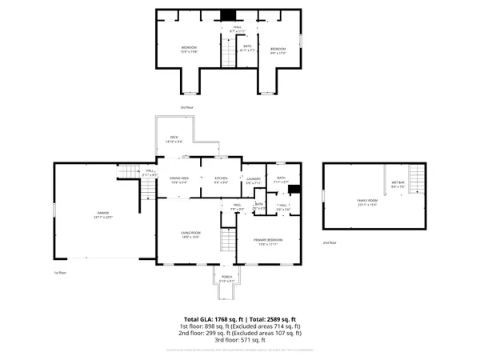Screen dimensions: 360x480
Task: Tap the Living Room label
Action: point(189,234)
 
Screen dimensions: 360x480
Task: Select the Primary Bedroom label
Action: point(270,242)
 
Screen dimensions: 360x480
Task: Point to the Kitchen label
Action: point(221,180)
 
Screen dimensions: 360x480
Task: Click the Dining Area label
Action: point(178,180)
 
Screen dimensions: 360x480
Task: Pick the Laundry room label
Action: point(254,180)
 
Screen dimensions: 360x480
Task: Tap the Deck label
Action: point(174,138)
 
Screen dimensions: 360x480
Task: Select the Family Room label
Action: point(366,202)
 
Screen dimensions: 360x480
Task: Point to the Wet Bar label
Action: point(398,183)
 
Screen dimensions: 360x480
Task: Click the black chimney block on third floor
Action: point(229,14)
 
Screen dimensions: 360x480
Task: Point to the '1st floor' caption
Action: point(59,273)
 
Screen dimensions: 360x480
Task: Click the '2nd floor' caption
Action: point(330,242)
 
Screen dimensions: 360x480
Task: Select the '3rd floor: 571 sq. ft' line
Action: point(240,341)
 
